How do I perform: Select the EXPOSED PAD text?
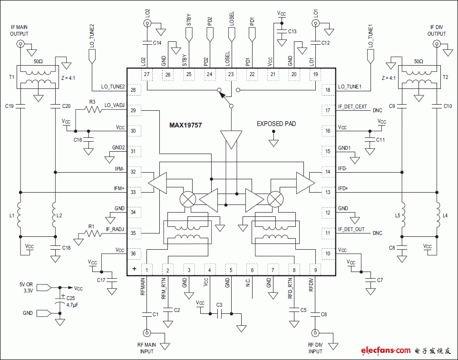point(276,124)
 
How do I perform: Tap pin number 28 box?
point(134,90)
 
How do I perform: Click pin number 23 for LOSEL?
point(231,74)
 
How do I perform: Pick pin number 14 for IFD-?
point(328,172)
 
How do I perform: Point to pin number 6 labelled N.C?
point(252,270)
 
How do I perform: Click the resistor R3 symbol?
point(93,109)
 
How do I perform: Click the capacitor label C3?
point(219,305)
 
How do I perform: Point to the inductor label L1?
point(11,215)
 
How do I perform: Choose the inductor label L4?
point(445,215)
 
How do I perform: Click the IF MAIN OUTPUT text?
point(19,31)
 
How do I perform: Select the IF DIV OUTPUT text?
point(437,31)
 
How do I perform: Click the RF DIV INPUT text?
point(315,348)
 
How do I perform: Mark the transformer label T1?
point(11,77)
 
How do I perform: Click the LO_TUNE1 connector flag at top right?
point(370,57)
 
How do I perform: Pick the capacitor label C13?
point(292,31)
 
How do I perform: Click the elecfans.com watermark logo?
point(385,350)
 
